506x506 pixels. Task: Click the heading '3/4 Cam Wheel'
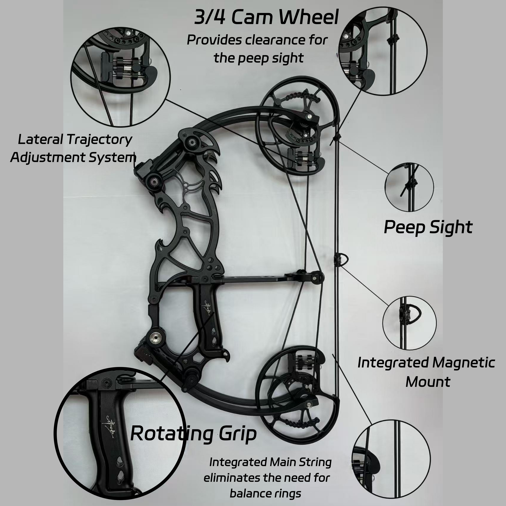point(266,17)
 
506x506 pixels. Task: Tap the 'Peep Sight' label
point(428,227)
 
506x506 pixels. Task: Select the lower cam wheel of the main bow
point(299,393)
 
